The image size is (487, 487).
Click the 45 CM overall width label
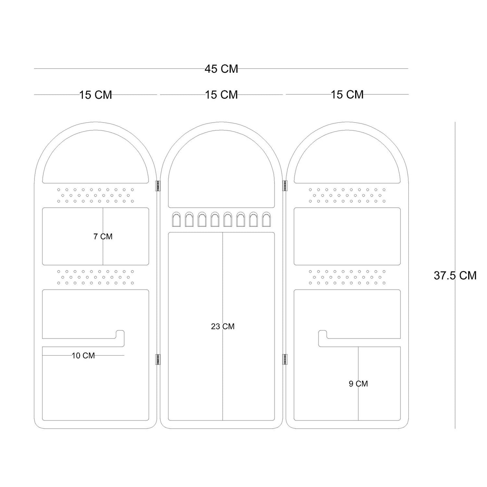click(x=221, y=69)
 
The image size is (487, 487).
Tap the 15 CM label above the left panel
click(x=96, y=95)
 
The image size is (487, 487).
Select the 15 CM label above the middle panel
click(x=221, y=95)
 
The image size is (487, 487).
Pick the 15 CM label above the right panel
click(x=347, y=95)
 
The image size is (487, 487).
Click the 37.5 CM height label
click(x=455, y=276)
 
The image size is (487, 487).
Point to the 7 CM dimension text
click(x=103, y=237)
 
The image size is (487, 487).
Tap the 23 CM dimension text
click(x=223, y=326)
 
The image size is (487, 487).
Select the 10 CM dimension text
click(x=83, y=356)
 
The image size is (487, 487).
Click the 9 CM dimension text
click(x=358, y=384)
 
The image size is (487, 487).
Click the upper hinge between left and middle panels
click(x=158, y=186)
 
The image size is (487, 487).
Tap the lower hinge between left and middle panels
click(x=158, y=359)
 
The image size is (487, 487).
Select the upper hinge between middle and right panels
click(x=285, y=186)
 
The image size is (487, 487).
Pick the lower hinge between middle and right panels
click(x=285, y=359)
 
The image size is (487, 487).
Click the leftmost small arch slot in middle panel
click(x=176, y=220)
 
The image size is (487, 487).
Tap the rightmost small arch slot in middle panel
click(x=266, y=220)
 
